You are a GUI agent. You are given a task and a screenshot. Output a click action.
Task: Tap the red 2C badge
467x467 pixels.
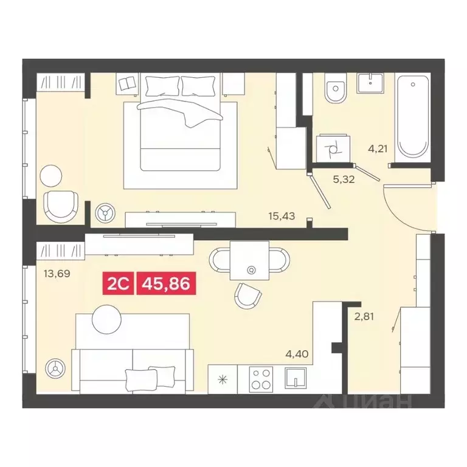pyautogui.click(x=120, y=283)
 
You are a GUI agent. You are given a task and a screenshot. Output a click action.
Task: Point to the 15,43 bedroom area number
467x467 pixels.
pyautogui.click(x=282, y=215)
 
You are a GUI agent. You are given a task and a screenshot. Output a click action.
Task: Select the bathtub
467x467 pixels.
pyautogui.click(x=413, y=118)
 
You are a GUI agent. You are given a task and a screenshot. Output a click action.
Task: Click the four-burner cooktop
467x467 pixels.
pyautogui.click(x=263, y=379)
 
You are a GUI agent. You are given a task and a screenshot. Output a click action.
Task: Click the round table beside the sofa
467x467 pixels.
pyautogui.click(x=107, y=317)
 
